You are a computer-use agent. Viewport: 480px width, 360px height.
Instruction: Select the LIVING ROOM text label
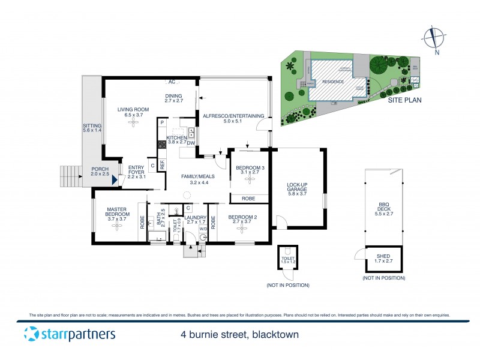[x=133, y=109]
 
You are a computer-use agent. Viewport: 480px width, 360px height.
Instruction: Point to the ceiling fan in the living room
[x=133, y=124]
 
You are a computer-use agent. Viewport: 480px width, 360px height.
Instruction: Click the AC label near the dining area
[x=172, y=82]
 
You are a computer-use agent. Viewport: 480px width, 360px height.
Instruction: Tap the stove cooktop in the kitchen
[x=161, y=144]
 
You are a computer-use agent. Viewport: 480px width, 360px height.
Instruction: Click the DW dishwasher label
[x=190, y=143]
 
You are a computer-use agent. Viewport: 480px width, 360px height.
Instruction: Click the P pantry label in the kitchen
[x=162, y=123]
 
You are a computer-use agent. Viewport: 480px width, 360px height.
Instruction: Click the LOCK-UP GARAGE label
[x=298, y=189]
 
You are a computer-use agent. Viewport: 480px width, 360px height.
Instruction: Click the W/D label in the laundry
[x=203, y=229]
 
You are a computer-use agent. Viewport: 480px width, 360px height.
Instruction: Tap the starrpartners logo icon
[x=31, y=334]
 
